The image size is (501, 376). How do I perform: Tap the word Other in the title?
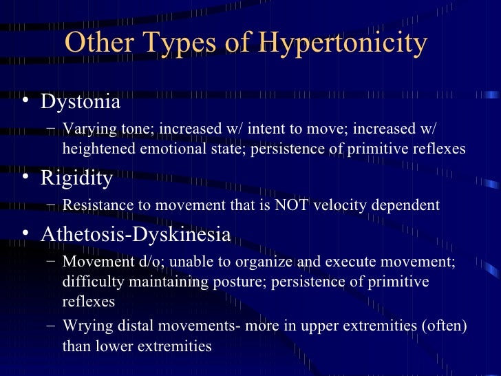pyautogui.click(x=93, y=43)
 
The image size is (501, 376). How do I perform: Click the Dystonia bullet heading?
pyautogui.click(x=81, y=103)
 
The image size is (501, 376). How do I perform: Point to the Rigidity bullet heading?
pyautogui.click(x=76, y=178)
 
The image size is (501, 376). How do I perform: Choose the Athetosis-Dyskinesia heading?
pyautogui.click(x=136, y=234)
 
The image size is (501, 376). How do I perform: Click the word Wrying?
pyautogui.click(x=83, y=327)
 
